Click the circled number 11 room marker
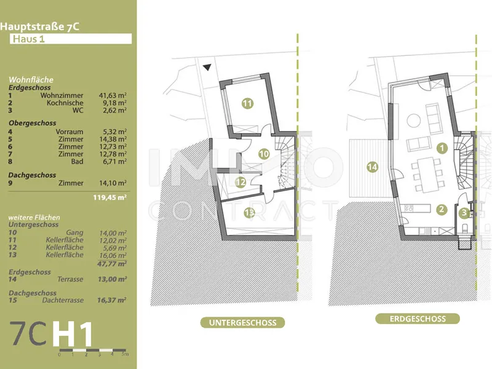pos(247,103)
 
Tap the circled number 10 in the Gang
pos(264,154)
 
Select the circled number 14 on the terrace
pos(372,167)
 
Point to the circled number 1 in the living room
pos(442,148)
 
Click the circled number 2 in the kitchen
pos(442,209)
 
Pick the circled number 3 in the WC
pos(464,213)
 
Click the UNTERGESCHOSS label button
pos(242,322)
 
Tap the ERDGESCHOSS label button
pos(418,319)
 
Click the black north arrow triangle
pos(207,67)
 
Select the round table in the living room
pos(413,121)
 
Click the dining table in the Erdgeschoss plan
pos(427,175)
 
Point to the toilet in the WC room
pos(465,228)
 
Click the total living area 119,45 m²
pos(110,197)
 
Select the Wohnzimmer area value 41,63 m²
pos(113,95)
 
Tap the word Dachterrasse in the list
pos(63,300)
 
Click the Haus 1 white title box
pos(71,39)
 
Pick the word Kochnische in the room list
pos(65,103)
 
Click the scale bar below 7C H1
pos(93,350)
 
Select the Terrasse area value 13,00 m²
pos(113,279)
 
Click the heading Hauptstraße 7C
pos(39,26)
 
